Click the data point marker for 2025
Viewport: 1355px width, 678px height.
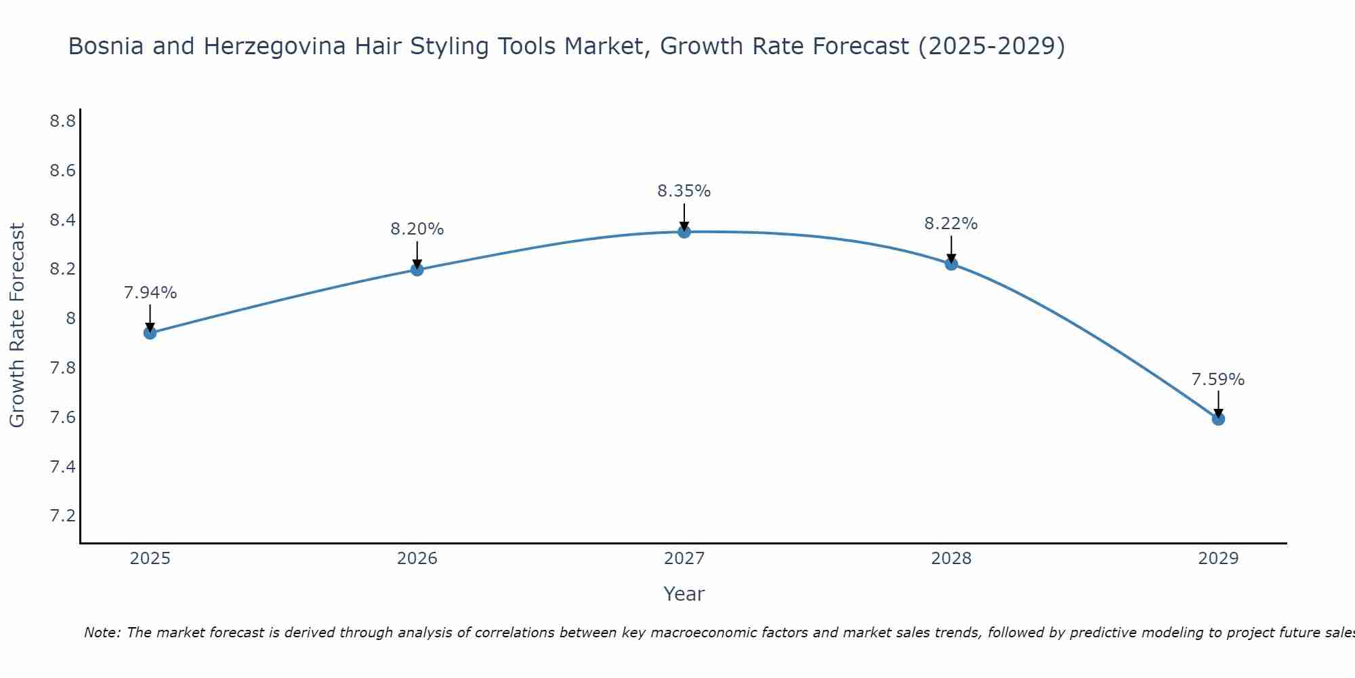pos(150,333)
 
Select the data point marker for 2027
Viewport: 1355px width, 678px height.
pos(684,232)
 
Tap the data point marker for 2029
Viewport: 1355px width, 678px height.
pos(1218,419)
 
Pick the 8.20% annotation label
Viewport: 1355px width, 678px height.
pos(417,229)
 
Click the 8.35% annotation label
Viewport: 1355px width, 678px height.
pos(684,191)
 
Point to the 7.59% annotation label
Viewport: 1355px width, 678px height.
pos(1218,380)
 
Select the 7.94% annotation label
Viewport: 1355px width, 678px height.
pos(150,293)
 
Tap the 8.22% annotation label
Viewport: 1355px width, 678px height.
pos(951,224)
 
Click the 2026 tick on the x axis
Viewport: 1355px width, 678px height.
pos(417,559)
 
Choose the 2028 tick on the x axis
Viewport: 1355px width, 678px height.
pos(951,559)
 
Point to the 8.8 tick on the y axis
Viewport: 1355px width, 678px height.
pos(62,121)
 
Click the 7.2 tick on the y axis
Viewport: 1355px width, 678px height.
pos(62,516)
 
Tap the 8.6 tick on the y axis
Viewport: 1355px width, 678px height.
pos(62,171)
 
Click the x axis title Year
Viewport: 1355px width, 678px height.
pos(684,594)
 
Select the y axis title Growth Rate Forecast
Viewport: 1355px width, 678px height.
pos(18,325)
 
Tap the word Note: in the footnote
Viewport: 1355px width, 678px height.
pos(102,633)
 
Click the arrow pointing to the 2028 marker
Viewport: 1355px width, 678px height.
pos(951,249)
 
